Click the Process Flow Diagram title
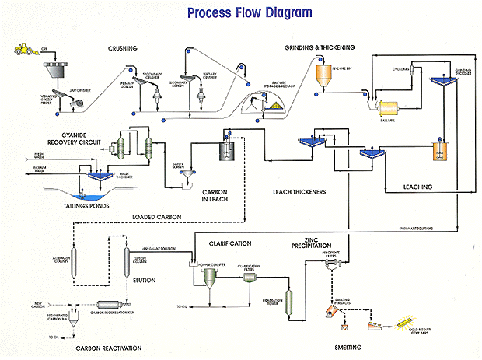(x=243, y=13)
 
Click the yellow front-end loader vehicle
(x=26, y=51)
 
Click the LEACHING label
(x=423, y=187)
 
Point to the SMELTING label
(x=351, y=347)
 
